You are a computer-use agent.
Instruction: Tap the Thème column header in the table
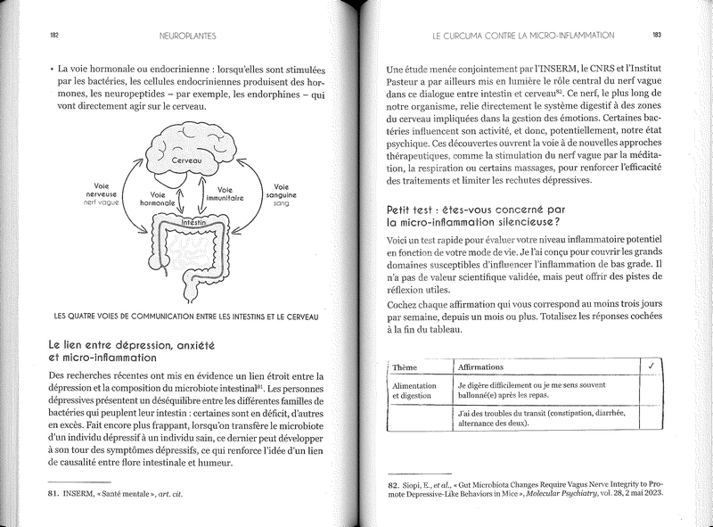coord(406,366)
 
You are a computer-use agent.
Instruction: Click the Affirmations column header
coord(480,366)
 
